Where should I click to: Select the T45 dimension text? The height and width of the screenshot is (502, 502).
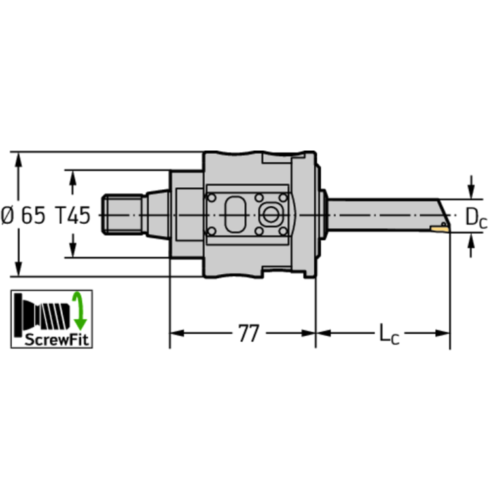point(72,215)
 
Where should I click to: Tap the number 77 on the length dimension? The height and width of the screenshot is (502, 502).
point(247,334)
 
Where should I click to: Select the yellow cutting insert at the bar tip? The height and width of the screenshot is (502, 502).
point(439,227)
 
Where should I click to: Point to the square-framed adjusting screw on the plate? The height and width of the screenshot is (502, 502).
point(269,213)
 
